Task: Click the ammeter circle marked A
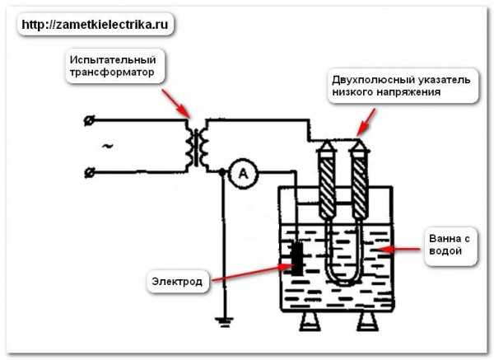point(243,173)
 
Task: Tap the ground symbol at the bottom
point(224,322)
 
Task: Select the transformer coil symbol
point(197,147)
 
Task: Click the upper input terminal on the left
point(89,120)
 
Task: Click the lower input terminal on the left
point(90,173)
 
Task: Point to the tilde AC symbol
point(107,146)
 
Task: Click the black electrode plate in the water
point(297,259)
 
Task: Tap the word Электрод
point(177,281)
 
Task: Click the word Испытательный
point(113,59)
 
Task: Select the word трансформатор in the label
point(112,72)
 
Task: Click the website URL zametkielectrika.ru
point(95,24)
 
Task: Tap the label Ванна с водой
point(450,245)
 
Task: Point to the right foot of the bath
point(369,321)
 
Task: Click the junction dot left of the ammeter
point(222,172)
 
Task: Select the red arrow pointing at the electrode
point(253,273)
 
